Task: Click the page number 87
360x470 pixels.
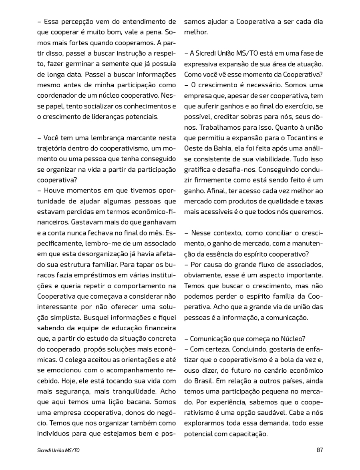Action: [319, 450]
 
